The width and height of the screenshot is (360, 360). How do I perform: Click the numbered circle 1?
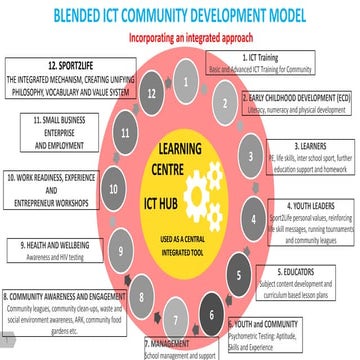(187, 76)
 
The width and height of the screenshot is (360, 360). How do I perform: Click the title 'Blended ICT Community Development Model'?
(181, 16)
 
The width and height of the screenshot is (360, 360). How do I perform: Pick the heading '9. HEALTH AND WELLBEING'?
(57, 242)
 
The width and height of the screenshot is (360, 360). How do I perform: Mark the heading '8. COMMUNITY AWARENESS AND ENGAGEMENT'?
(64, 297)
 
